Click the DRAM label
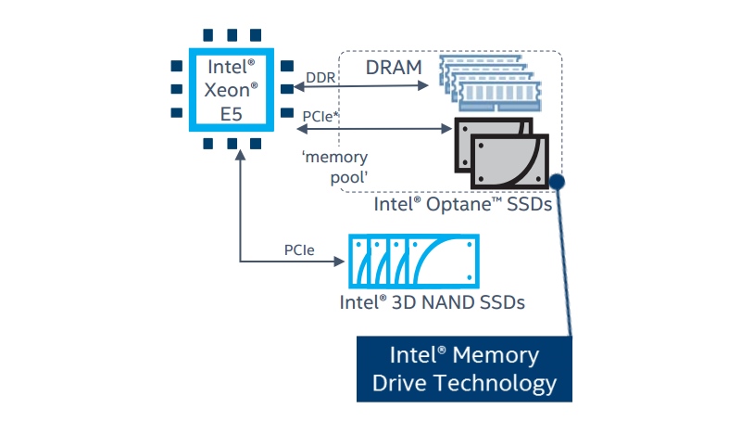coord(394,67)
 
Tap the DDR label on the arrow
coord(320,77)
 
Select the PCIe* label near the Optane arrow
coord(320,116)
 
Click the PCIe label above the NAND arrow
coord(299,249)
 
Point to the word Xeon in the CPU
coord(231,90)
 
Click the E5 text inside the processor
coord(231,114)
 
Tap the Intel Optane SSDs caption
coord(462,205)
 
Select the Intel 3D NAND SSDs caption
coord(432,302)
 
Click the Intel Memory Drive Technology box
coord(464,369)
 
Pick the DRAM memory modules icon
coord(490,83)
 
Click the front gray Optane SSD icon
coord(510,162)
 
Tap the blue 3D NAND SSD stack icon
coord(414,262)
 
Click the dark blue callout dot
coord(558,181)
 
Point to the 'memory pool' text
coord(335,167)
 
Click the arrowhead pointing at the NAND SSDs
coord(339,262)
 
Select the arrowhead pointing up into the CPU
coord(240,155)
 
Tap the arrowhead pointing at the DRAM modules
coord(423,85)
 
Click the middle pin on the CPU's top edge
coord(232,35)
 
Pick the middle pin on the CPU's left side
coord(177,89)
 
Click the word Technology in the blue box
coord(496,383)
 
